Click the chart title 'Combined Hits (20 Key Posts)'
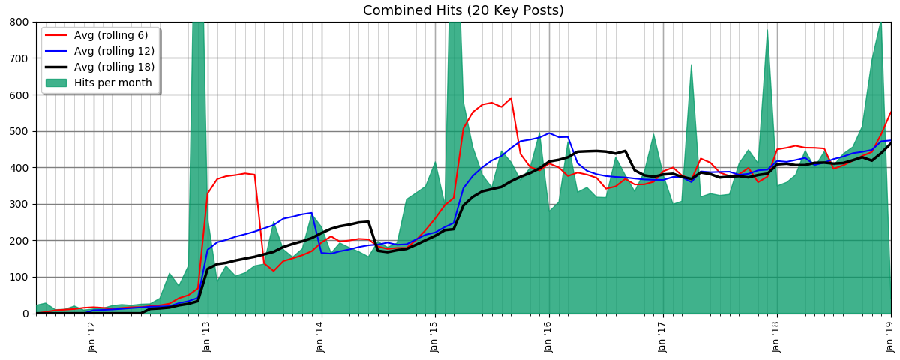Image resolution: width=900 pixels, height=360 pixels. (x=463, y=11)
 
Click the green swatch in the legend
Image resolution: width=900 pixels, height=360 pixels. (x=56, y=82)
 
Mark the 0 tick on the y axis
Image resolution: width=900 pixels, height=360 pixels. (x=25, y=313)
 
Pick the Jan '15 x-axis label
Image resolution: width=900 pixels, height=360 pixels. (x=434, y=336)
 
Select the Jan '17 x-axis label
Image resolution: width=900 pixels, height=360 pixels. (x=662, y=336)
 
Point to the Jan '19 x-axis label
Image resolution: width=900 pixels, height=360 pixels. (x=889, y=336)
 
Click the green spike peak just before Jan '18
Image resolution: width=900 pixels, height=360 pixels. (x=766, y=30)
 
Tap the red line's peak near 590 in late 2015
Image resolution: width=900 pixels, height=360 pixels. (x=511, y=97)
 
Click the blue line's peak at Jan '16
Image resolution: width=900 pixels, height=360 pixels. (x=548, y=133)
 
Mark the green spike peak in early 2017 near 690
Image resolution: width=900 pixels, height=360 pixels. (x=691, y=64)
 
